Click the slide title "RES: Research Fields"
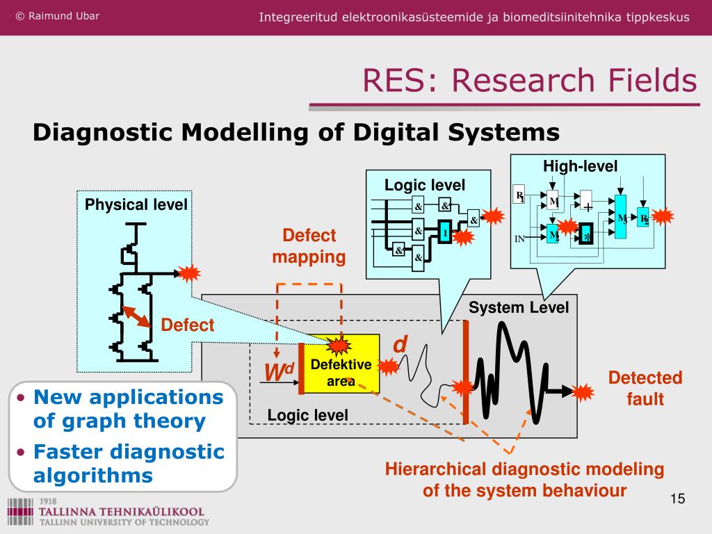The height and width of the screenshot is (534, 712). tap(529, 81)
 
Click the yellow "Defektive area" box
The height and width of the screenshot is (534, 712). tap(341, 364)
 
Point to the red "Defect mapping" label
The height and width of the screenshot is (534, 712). tap(309, 246)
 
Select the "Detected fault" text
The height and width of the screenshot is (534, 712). tap(645, 388)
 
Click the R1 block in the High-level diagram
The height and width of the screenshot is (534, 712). tap(519, 196)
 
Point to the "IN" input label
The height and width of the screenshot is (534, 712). tap(519, 239)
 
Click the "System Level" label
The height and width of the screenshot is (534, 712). tap(519, 307)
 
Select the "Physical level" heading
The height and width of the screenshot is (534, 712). tap(136, 204)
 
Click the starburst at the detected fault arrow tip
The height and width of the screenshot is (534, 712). tap(583, 393)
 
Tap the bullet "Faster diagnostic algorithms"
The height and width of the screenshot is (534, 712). tap(129, 463)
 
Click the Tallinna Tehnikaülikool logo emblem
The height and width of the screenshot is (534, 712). tap(19, 512)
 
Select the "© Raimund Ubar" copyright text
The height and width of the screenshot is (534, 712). tap(57, 16)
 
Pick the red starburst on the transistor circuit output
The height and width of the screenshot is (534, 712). tap(188, 273)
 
